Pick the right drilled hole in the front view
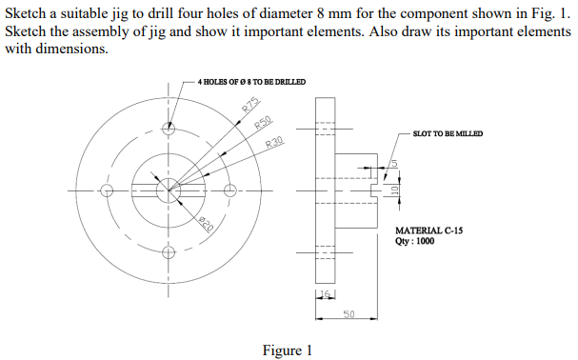pos(229,190)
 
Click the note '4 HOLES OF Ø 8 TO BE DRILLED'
pos(250,82)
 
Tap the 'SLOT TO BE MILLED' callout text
pos(448,133)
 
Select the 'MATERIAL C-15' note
pos(429,231)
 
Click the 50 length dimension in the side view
pos(349,313)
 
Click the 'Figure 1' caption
pos(288,350)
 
